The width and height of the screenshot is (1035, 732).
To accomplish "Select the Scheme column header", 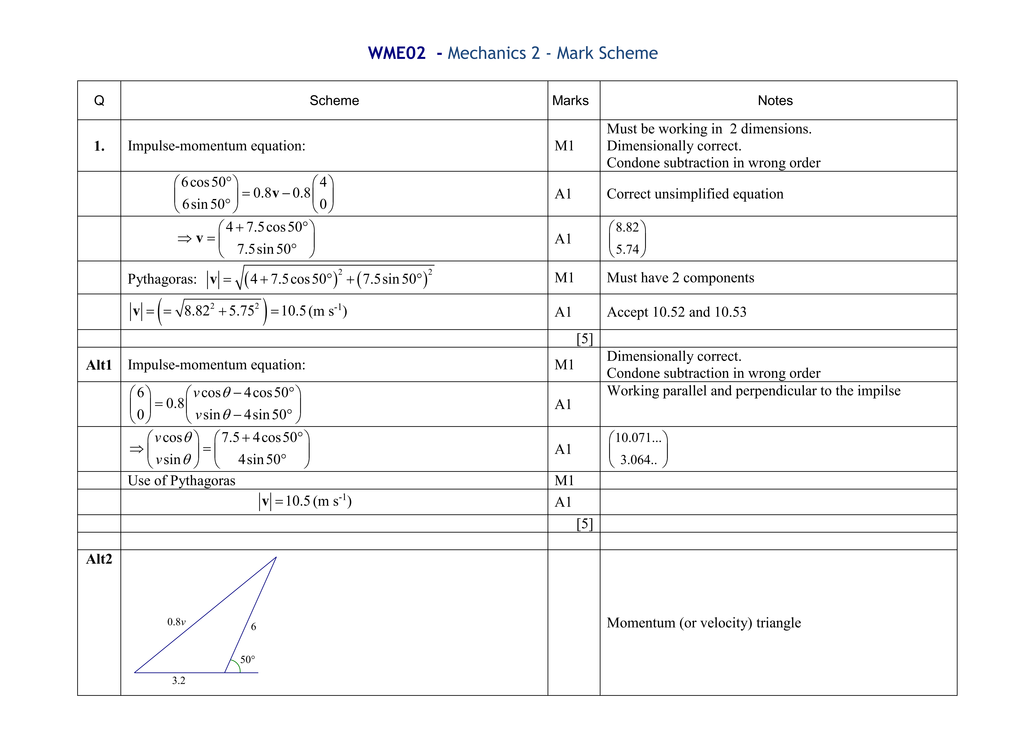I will coord(334,101).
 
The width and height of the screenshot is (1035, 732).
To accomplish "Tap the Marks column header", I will coord(570,101).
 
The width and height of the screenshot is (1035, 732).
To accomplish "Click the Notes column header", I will coord(775,101).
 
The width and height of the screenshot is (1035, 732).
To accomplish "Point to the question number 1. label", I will coord(99,146).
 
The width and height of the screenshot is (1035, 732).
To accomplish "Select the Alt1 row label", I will coord(99,365).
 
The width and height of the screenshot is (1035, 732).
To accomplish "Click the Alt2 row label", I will coord(99,559).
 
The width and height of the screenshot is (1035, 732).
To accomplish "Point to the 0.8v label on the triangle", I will coord(176,622).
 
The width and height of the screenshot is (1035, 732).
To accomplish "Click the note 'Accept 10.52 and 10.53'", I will coord(676,312).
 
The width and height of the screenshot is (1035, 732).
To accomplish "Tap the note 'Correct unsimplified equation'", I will coord(695,194).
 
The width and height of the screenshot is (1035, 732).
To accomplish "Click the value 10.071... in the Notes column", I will coord(638,438).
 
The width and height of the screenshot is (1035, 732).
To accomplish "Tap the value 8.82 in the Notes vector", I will coord(627,227).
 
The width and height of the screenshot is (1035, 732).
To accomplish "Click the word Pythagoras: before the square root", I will coord(162,279).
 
